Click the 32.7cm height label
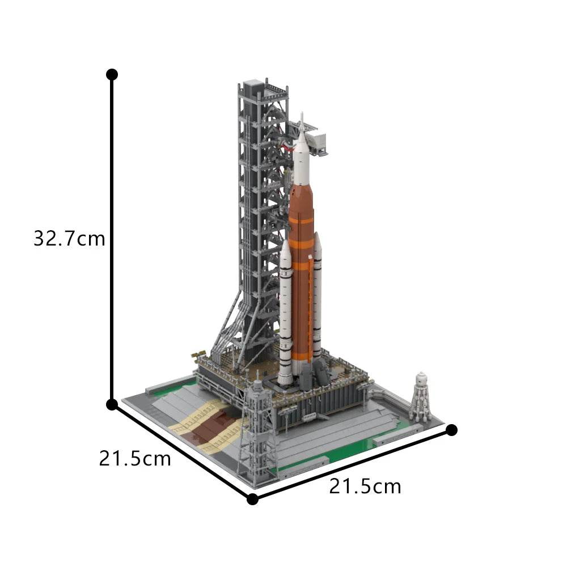point(69,239)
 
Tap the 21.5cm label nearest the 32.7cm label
point(135,458)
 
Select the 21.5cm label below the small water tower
point(365,486)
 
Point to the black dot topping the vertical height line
point(112,74)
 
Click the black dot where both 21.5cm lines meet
point(253,499)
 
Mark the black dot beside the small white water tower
point(451,430)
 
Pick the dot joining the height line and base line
point(112,404)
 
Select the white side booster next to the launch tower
point(285,318)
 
